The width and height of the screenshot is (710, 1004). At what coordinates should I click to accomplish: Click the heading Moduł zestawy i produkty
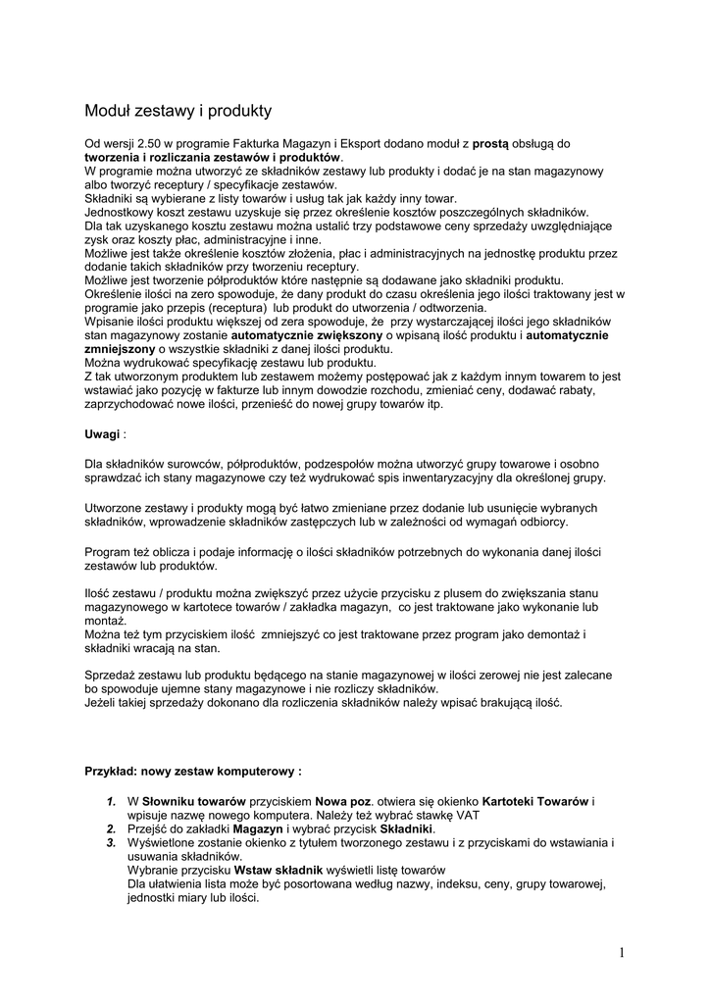tap(177, 111)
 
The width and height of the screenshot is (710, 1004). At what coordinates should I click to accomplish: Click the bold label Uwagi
tap(103, 433)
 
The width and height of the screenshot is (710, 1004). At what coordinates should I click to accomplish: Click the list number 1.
tap(112, 801)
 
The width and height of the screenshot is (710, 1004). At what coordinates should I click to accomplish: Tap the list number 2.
tap(112, 828)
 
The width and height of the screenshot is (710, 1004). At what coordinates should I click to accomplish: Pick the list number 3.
tap(112, 842)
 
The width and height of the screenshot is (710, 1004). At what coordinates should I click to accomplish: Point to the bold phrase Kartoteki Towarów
tap(534, 801)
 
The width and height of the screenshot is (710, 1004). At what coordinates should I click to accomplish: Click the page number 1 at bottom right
tap(622, 952)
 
